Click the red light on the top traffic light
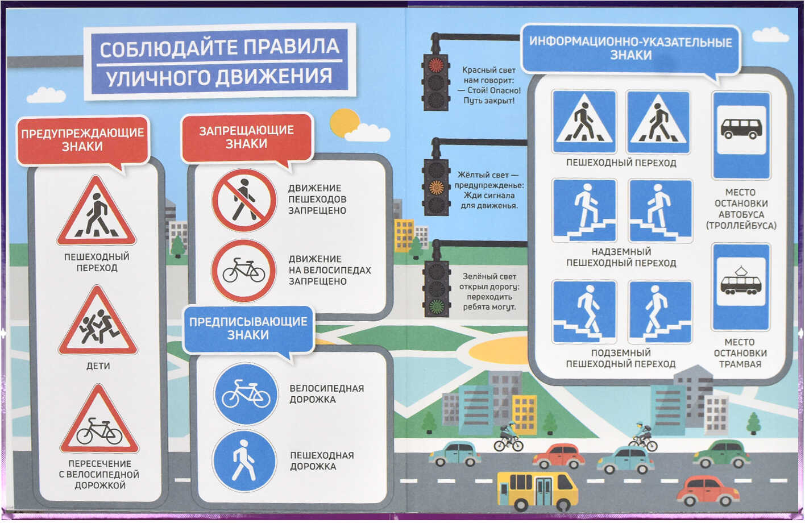(x=436, y=65)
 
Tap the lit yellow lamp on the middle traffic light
(x=436, y=187)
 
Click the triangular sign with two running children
(x=98, y=321)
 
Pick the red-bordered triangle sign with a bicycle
(x=99, y=420)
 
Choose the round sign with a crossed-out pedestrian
(x=244, y=200)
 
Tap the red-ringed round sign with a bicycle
(x=244, y=271)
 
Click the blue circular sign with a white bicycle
(x=246, y=395)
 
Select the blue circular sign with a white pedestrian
(x=244, y=461)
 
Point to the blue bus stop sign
(x=742, y=135)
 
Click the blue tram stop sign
(x=741, y=287)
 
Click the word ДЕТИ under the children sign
(x=98, y=366)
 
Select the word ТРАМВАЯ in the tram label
(x=740, y=364)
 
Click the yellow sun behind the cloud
(x=345, y=123)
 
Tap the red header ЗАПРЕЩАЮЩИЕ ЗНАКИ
(x=247, y=137)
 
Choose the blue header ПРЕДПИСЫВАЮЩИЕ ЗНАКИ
(x=248, y=328)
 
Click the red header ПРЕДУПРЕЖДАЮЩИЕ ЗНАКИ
(x=82, y=140)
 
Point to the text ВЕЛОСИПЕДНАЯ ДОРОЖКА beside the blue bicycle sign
(x=327, y=394)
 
